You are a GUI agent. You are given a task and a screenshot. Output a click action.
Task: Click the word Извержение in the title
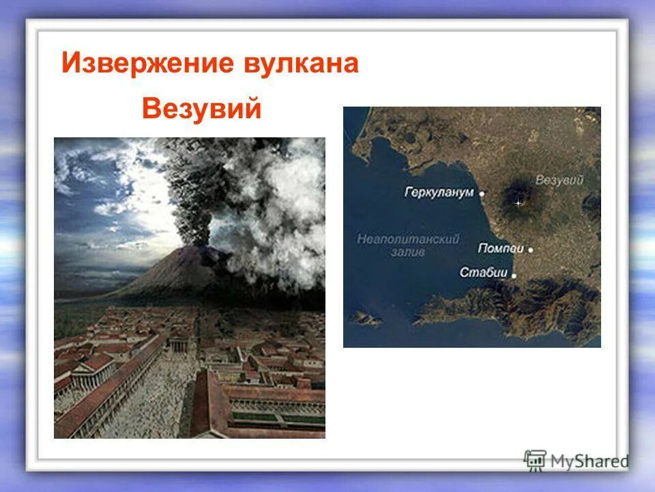click(x=145, y=64)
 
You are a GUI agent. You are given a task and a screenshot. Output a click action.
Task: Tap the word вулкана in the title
click(x=300, y=64)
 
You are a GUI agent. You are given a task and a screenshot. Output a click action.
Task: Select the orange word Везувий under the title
click(x=201, y=109)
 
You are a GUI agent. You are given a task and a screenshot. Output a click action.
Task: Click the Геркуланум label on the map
click(x=439, y=193)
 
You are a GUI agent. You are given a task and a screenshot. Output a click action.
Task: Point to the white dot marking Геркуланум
click(x=482, y=193)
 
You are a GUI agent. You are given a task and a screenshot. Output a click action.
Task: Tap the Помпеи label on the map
click(x=501, y=248)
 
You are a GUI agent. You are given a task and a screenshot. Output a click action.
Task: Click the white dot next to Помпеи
click(x=530, y=249)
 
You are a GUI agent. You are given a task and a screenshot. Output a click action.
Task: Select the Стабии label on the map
click(x=484, y=273)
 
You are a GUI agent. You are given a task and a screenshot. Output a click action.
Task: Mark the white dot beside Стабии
click(x=514, y=275)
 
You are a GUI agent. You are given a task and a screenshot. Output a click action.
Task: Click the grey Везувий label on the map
click(x=559, y=180)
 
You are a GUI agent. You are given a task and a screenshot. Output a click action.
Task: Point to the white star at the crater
click(x=517, y=203)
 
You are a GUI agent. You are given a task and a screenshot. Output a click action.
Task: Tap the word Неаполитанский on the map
click(x=408, y=238)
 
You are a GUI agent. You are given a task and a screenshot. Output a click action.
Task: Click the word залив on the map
click(x=409, y=251)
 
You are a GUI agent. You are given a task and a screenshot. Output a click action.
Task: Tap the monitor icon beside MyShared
click(x=535, y=460)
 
